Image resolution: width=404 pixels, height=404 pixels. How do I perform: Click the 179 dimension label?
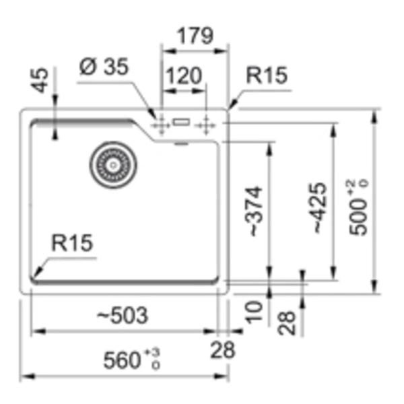[x=195, y=36]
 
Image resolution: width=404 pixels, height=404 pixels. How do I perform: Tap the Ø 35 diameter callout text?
[x=104, y=67]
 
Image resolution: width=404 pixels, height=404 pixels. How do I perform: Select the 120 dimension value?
[x=183, y=75]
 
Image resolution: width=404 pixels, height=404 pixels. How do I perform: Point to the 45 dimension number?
[x=41, y=80]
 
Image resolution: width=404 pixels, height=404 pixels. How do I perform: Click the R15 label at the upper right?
[x=267, y=75]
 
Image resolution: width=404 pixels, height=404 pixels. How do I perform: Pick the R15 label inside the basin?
[x=72, y=242]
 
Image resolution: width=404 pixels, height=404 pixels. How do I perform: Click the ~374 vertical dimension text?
[x=254, y=211]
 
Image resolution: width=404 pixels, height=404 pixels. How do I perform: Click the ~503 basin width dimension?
[x=123, y=315]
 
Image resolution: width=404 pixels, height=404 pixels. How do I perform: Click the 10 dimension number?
[x=254, y=312]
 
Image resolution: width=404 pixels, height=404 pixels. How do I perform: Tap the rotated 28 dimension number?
[x=287, y=323]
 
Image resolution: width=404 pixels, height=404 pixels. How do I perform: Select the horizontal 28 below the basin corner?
[x=223, y=350]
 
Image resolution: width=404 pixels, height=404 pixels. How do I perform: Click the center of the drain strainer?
[x=113, y=165]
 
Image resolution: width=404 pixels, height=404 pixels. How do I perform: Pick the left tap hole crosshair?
[x=161, y=125]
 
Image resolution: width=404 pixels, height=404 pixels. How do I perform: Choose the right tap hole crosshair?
[x=205, y=125]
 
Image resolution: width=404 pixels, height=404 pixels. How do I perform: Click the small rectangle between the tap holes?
[x=181, y=122]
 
